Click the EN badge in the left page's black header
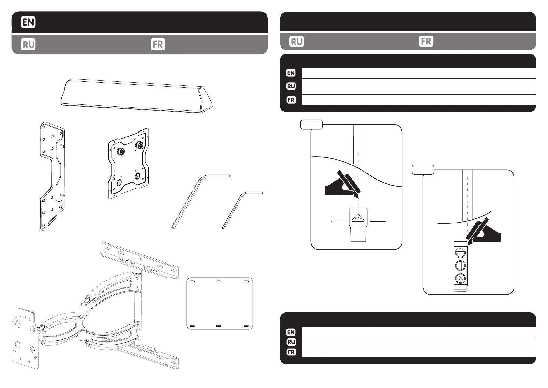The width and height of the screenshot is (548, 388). (x=28, y=22)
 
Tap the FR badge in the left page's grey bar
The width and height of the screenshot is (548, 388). (x=158, y=44)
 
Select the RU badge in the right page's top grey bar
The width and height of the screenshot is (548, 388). (x=296, y=42)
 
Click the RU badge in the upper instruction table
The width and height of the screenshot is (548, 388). (x=291, y=86)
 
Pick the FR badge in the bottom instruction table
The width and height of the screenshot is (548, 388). (x=291, y=352)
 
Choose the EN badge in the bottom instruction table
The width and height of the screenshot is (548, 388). (x=291, y=332)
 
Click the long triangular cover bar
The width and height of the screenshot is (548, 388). (x=137, y=96)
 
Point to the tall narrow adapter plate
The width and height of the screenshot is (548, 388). (x=52, y=176)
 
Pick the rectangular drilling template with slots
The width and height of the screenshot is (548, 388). (x=220, y=303)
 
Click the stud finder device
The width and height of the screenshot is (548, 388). (x=358, y=225)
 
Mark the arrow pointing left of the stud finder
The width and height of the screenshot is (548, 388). (x=338, y=221)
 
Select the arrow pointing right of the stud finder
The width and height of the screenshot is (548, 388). (x=378, y=221)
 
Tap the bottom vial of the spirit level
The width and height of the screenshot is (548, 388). (x=460, y=279)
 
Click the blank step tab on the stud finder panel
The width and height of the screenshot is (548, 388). (x=311, y=124)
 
